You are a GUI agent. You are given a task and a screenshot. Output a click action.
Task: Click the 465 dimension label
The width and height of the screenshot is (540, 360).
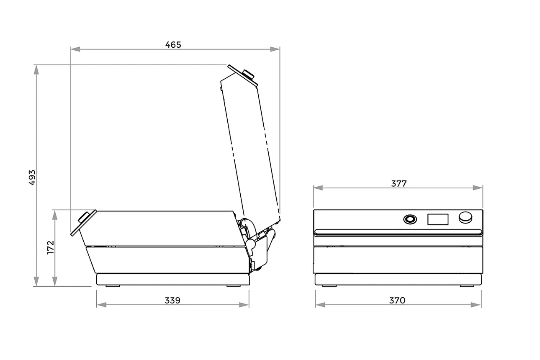coord(173,45)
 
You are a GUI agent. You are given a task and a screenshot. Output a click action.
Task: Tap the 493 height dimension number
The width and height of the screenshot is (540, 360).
coord(32,177)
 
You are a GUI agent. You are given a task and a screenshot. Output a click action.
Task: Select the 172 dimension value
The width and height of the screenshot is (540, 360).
coord(51,247)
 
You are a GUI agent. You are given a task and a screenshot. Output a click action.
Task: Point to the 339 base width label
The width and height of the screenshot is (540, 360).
coord(172,301)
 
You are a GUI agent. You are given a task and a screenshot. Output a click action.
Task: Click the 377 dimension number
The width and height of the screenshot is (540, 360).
coord(399,184)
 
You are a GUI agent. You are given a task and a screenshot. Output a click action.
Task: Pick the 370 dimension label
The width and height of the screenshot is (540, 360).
coord(397,301)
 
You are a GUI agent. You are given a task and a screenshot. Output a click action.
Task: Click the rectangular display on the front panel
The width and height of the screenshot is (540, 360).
coord(438,219)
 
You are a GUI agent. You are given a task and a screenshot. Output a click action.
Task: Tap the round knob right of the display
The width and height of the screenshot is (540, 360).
coord(465,218)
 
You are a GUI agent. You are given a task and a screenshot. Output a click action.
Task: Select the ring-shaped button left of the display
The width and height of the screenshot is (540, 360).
coord(410,219)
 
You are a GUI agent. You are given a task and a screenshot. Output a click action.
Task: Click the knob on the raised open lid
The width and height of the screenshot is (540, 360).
coord(248,74)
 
